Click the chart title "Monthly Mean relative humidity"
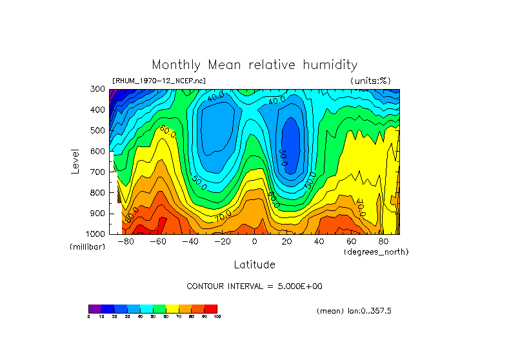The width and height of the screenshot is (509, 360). click(x=254, y=65)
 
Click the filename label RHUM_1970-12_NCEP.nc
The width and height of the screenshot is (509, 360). click(x=159, y=81)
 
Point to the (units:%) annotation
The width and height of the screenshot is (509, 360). click(x=370, y=81)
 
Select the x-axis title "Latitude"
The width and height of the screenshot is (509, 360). click(x=254, y=265)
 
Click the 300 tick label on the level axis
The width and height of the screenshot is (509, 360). click(x=98, y=90)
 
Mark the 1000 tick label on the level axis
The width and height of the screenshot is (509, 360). click(x=96, y=234)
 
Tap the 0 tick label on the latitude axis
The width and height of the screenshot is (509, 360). click(x=254, y=241)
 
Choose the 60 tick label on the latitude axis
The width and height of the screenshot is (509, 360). click(x=351, y=241)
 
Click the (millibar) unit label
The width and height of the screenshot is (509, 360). click(x=87, y=247)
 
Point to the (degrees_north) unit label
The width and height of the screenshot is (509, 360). click(x=375, y=252)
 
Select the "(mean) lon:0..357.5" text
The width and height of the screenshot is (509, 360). click(x=354, y=311)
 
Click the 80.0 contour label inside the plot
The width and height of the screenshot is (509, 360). click(x=132, y=214)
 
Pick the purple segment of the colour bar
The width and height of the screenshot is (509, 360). click(x=95, y=308)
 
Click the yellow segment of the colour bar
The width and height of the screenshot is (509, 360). click(x=172, y=308)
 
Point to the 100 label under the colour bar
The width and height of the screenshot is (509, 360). click(x=217, y=317)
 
